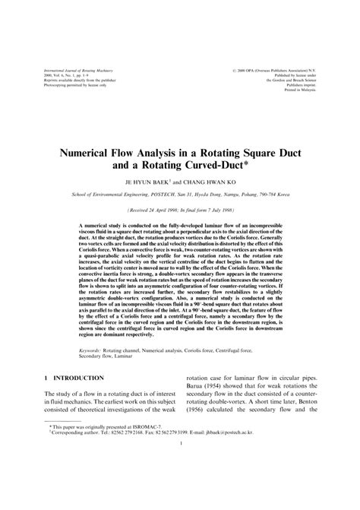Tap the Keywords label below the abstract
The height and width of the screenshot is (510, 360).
(x=93, y=351)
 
